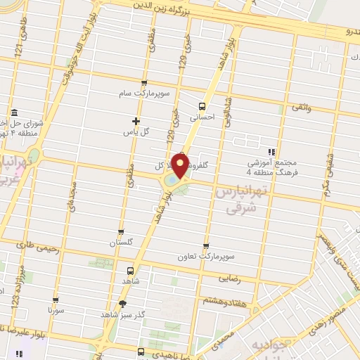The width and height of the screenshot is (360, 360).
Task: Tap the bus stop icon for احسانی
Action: pos(202,107)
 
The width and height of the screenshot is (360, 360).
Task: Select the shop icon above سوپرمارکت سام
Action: pos(144,83)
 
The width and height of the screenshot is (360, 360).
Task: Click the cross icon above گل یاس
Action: pos(136,121)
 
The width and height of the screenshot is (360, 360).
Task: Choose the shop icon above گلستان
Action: pos(121,232)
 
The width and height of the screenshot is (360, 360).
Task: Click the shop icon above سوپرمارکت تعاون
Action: pos(205,246)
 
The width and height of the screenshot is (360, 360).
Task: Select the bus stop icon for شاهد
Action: pos(130,271)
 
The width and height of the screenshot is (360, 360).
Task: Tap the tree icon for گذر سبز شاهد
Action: pos(123,304)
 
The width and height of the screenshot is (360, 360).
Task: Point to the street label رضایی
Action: pos(250,278)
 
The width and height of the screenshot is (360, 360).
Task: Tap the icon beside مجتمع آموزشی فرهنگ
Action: pos(271,151)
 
